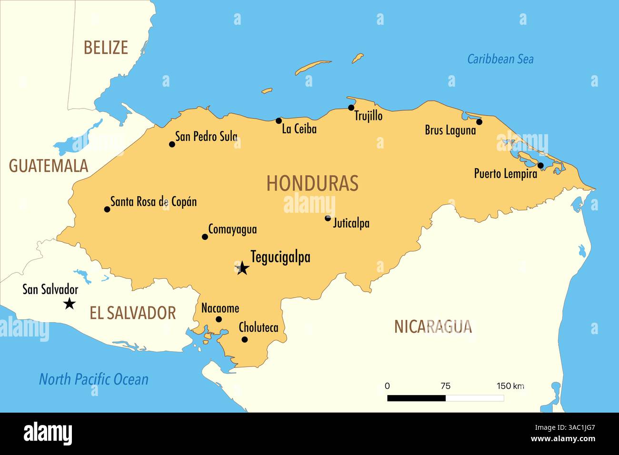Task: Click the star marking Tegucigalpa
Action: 242,268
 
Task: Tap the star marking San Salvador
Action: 70,303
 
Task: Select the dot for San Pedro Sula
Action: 172,144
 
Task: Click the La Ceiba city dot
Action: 279,121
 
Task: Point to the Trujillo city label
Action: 368,116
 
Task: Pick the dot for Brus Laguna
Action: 479,122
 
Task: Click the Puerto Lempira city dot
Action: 540,166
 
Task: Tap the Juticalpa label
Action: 351,223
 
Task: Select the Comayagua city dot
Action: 205,237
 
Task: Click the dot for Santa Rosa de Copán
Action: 107,209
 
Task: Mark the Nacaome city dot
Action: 219,319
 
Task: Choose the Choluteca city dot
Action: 244,339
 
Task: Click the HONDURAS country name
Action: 312,183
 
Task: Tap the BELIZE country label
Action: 106,48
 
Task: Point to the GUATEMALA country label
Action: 49,166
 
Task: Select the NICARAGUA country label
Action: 433,326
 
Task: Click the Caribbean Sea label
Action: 500,59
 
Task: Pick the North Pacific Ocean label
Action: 93,379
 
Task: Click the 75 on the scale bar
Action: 445,386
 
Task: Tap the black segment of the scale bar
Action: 416,398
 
